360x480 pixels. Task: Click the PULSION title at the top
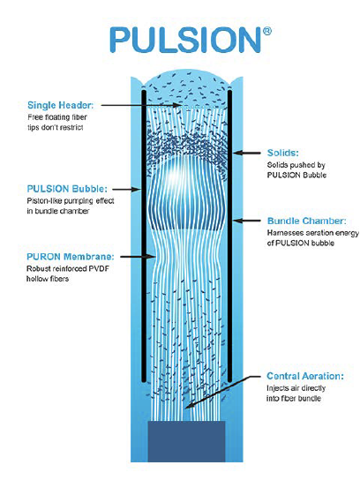point(185,40)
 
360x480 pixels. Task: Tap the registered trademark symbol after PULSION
point(267,31)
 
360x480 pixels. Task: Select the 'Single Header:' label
point(60,105)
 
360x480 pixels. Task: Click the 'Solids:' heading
point(282,153)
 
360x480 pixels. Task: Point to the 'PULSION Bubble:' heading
point(67,189)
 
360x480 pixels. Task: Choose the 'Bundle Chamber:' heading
point(307,221)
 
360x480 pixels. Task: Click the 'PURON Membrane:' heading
point(70,257)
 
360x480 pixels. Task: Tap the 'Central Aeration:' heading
point(305,376)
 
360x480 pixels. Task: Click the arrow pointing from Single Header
point(141,105)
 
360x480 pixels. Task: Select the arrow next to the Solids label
point(247,153)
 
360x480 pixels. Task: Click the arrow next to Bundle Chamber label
point(247,221)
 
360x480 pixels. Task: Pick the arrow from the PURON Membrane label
point(137,257)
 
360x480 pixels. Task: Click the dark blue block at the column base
point(187,441)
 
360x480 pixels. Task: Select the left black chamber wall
point(144,236)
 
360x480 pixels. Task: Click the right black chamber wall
point(230,236)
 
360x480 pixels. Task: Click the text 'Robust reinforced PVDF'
point(68,269)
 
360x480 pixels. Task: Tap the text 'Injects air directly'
point(296,388)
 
